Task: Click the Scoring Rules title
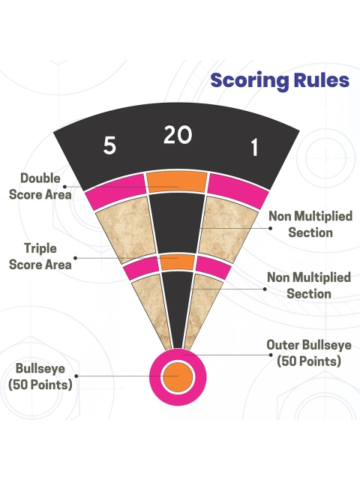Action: click(x=280, y=81)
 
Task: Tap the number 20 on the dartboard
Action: click(x=178, y=135)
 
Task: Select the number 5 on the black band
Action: click(x=109, y=145)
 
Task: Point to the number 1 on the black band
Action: click(x=254, y=147)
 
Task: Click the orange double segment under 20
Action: click(x=177, y=182)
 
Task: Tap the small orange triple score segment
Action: click(x=178, y=262)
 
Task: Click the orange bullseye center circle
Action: click(x=178, y=376)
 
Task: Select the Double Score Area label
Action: click(x=40, y=187)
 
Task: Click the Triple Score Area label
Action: click(x=40, y=256)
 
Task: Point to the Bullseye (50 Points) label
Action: click(x=40, y=376)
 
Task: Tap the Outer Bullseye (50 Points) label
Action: click(x=309, y=353)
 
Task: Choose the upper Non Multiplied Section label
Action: click(x=310, y=224)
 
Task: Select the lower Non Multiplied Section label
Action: click(x=309, y=286)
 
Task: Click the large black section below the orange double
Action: click(x=177, y=223)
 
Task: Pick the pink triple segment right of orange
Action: click(x=213, y=267)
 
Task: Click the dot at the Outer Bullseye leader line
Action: click(x=271, y=355)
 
